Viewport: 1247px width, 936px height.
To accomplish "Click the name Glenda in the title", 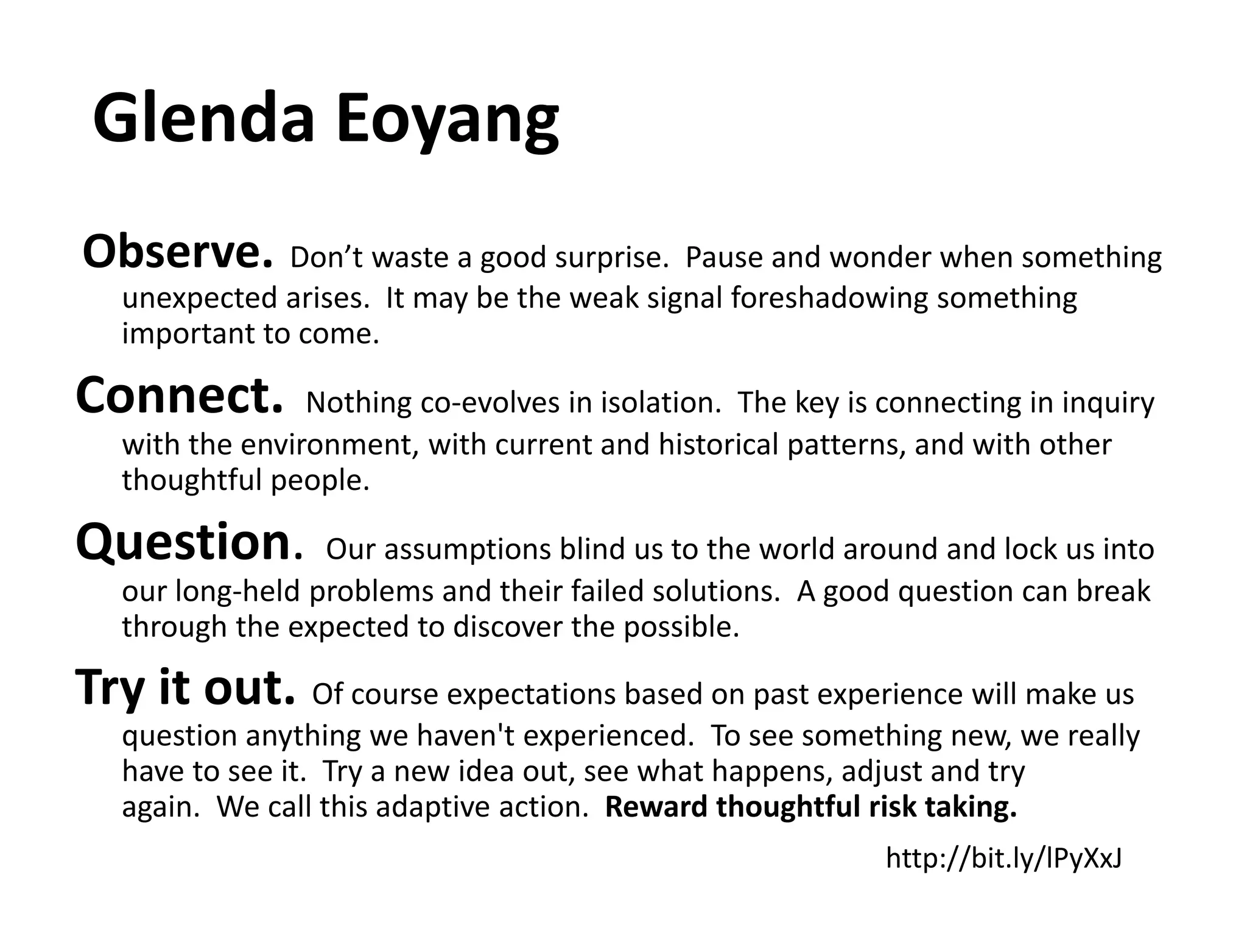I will coord(204,118).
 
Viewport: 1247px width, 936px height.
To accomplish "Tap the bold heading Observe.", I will coord(177,252).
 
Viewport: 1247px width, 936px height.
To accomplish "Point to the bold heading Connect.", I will coord(179,397).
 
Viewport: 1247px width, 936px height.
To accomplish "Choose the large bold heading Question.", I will coord(189,543).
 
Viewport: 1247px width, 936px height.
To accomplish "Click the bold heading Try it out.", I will coord(185,688).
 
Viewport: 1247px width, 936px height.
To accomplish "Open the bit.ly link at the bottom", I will coord(1003,858).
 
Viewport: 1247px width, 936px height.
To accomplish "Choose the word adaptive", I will coord(433,807).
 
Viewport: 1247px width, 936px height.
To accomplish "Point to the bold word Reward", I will coord(656,807).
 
